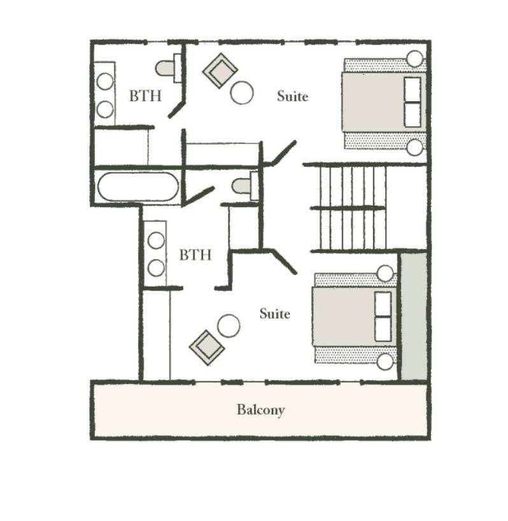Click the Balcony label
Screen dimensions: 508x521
[260, 410]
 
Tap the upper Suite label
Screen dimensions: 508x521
[293, 96]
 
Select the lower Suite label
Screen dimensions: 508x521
[274, 313]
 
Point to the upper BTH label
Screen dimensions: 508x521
[145, 96]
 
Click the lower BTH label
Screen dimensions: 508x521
[195, 255]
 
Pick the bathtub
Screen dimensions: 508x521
[138, 187]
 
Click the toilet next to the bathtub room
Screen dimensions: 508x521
[245, 186]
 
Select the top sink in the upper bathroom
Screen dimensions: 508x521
[105, 82]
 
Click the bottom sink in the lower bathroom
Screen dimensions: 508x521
[156, 268]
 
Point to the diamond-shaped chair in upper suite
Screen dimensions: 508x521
[220, 71]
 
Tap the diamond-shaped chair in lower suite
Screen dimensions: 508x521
[207, 348]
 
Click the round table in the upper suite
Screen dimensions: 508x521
[242, 93]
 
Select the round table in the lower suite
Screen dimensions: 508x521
[229, 326]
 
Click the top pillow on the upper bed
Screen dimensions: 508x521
[413, 90]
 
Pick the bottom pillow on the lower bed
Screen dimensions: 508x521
[383, 329]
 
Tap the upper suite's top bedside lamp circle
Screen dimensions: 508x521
[415, 59]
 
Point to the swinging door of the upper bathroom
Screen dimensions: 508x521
[176, 109]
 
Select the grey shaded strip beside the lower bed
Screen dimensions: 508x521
[414, 317]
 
